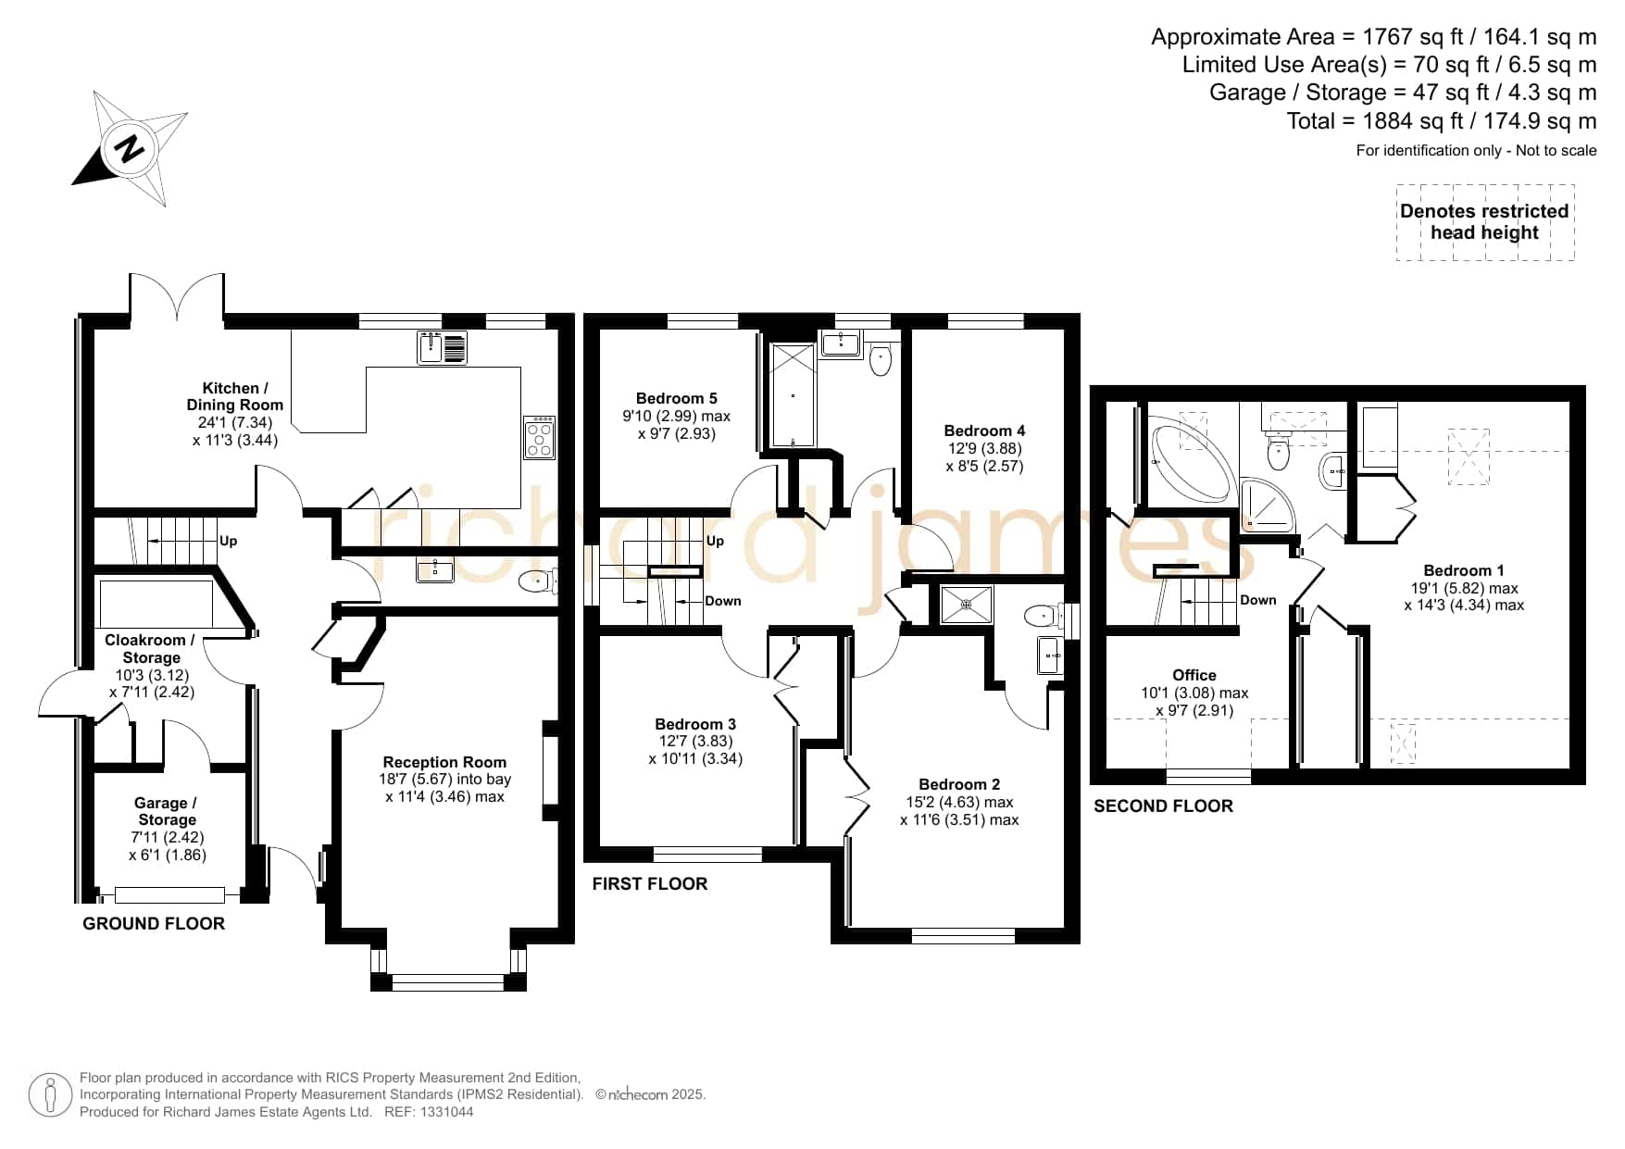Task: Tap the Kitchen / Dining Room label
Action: click(x=235, y=396)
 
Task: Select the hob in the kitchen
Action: click(x=540, y=437)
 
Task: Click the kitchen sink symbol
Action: click(x=443, y=347)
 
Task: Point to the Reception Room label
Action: click(x=444, y=762)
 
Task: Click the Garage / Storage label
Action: click(x=167, y=811)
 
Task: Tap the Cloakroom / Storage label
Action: click(x=151, y=648)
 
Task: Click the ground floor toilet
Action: click(x=538, y=581)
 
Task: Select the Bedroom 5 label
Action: click(x=676, y=398)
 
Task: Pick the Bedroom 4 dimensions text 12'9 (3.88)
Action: click(x=984, y=448)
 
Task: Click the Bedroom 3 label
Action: click(x=695, y=724)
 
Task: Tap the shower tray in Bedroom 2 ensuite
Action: click(x=967, y=605)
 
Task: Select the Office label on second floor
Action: click(x=1194, y=675)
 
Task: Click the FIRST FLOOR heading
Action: click(x=650, y=884)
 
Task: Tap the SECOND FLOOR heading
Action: click(x=1164, y=806)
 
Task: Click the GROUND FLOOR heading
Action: click(x=154, y=923)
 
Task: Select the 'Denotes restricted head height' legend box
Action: click(x=1485, y=222)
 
